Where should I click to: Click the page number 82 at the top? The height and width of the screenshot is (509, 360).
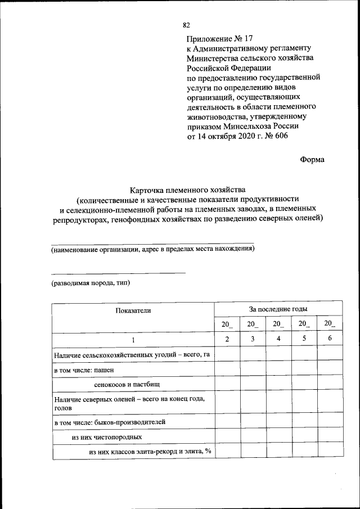click(187, 25)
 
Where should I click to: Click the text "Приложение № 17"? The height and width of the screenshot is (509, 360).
click(220, 39)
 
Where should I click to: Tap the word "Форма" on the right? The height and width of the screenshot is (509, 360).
click(312, 159)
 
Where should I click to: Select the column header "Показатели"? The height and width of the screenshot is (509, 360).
click(133, 310)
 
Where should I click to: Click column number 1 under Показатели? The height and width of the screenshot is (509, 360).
click(133, 340)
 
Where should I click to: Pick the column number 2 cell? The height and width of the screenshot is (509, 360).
click(227, 339)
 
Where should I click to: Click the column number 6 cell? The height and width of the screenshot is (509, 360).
click(330, 339)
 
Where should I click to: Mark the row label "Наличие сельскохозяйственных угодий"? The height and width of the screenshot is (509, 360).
click(132, 355)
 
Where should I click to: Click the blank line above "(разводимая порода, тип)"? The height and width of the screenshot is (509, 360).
click(118, 273)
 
